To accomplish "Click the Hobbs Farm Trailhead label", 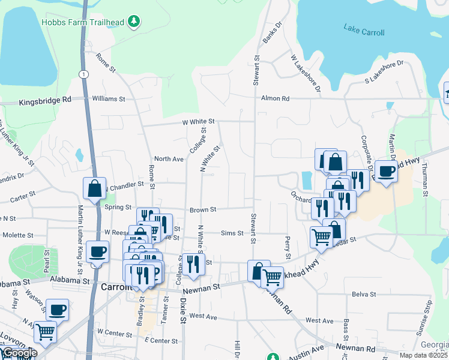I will coord(83,23).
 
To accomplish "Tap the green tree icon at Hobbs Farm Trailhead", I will coord(136,23).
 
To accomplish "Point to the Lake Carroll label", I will coord(364,29).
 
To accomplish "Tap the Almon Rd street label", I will coord(275,98).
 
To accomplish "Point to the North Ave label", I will coord(169,159).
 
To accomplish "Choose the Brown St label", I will coord(203,209).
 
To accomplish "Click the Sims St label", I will coord(232,233).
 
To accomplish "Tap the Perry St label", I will coord(288,244).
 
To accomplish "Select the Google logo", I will coord(19,353).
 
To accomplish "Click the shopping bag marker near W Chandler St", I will coord(95,188).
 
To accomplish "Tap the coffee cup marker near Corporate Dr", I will coord(385,170).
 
